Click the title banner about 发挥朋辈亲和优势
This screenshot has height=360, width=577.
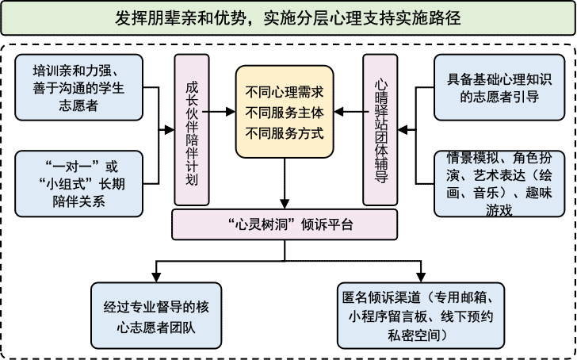tap(288, 17)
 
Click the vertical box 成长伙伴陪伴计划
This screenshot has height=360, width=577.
tap(191, 131)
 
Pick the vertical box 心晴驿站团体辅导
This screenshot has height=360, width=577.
tap(380, 131)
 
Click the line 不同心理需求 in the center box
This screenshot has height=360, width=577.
tap(285, 91)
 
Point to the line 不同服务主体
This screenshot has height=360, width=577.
tap(285, 112)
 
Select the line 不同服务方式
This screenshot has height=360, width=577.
tap(285, 132)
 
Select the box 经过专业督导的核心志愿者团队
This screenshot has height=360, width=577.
tap(156, 316)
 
